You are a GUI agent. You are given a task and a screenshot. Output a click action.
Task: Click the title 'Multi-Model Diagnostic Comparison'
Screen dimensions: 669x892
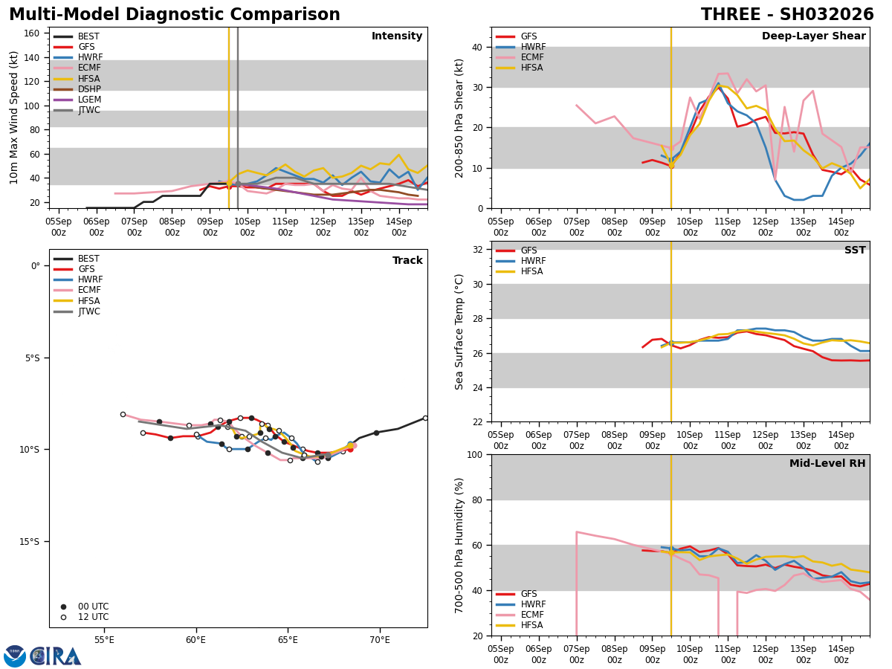(x=175, y=15)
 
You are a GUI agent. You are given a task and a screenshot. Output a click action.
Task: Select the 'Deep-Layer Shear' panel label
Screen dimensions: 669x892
(x=813, y=36)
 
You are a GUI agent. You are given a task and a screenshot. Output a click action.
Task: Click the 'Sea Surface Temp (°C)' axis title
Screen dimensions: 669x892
(x=460, y=332)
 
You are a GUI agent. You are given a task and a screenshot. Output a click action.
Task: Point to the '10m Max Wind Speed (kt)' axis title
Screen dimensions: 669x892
(x=14, y=117)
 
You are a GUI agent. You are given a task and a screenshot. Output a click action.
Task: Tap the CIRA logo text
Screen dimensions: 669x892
(x=56, y=656)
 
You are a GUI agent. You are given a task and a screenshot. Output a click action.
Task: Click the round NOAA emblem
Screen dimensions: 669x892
(x=15, y=656)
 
